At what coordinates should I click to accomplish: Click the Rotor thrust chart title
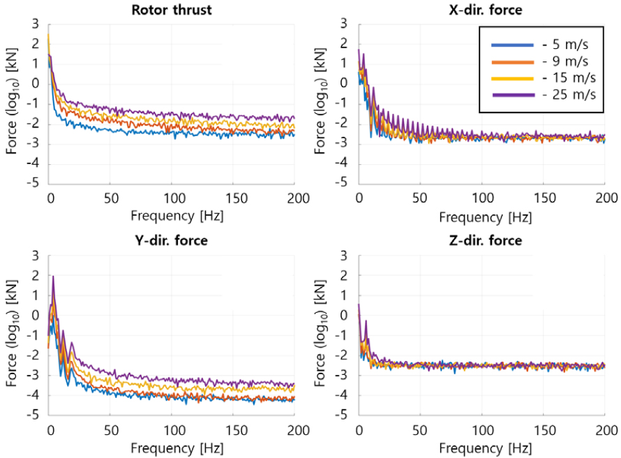[172, 10]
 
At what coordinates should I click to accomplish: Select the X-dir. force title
[481, 10]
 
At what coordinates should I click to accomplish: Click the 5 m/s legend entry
[569, 45]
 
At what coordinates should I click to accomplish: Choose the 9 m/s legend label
[569, 62]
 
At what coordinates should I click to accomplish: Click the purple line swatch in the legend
[515, 96]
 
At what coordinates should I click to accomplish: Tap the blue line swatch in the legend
[515, 45]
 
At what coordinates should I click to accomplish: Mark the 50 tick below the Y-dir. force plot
[111, 428]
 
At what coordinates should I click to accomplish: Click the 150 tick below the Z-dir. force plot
[543, 428]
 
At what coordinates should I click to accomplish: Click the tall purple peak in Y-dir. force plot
[53, 277]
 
